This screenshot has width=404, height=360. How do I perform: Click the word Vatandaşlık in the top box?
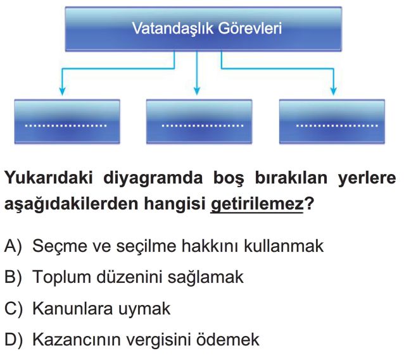click(173, 28)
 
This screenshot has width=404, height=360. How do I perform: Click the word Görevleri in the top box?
click(250, 28)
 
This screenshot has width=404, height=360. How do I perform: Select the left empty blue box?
click(67, 121)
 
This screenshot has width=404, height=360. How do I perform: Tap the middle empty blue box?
click(199, 121)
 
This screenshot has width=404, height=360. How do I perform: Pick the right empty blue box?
click(332, 121)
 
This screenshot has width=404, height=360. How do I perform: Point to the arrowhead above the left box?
click(62, 91)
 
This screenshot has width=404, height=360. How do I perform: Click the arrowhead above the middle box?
click(197, 91)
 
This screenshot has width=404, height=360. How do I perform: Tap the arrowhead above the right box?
click(334, 91)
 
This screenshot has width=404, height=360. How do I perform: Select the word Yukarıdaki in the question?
click(48, 178)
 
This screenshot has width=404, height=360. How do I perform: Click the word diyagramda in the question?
click(153, 178)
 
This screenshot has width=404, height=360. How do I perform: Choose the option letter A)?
click(13, 246)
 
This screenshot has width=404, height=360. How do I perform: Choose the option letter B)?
click(13, 277)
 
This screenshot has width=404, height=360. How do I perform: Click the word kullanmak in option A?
click(284, 246)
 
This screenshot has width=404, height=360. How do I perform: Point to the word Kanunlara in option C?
click(73, 309)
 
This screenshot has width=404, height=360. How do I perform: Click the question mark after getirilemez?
click(309, 204)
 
